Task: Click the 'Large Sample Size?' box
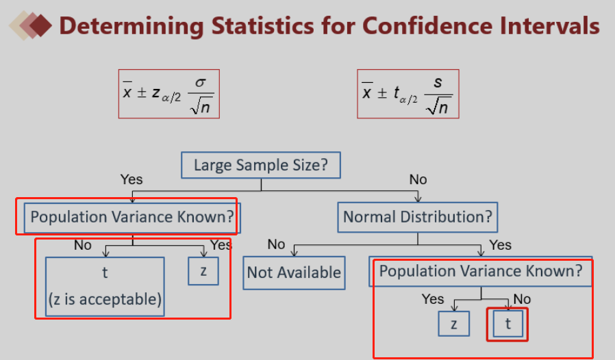point(261,165)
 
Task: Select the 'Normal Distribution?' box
point(418,217)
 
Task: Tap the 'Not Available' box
point(294,273)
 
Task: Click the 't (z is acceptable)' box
point(105,287)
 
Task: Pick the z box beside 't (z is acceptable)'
point(203,271)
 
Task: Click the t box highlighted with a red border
point(507,324)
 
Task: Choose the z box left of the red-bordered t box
point(454,324)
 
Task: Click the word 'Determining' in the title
point(131,27)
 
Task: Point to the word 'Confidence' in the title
point(427,26)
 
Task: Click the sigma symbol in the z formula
point(201,82)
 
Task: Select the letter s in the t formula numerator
point(438,82)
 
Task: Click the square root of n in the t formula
point(437,107)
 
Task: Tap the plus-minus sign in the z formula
point(142,92)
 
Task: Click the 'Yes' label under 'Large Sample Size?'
point(131,179)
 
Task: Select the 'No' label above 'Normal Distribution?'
point(418,179)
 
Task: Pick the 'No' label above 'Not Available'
point(276,244)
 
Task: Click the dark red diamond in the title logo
point(40,26)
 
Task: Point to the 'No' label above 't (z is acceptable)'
point(83,245)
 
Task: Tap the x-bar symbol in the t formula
point(366,91)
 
